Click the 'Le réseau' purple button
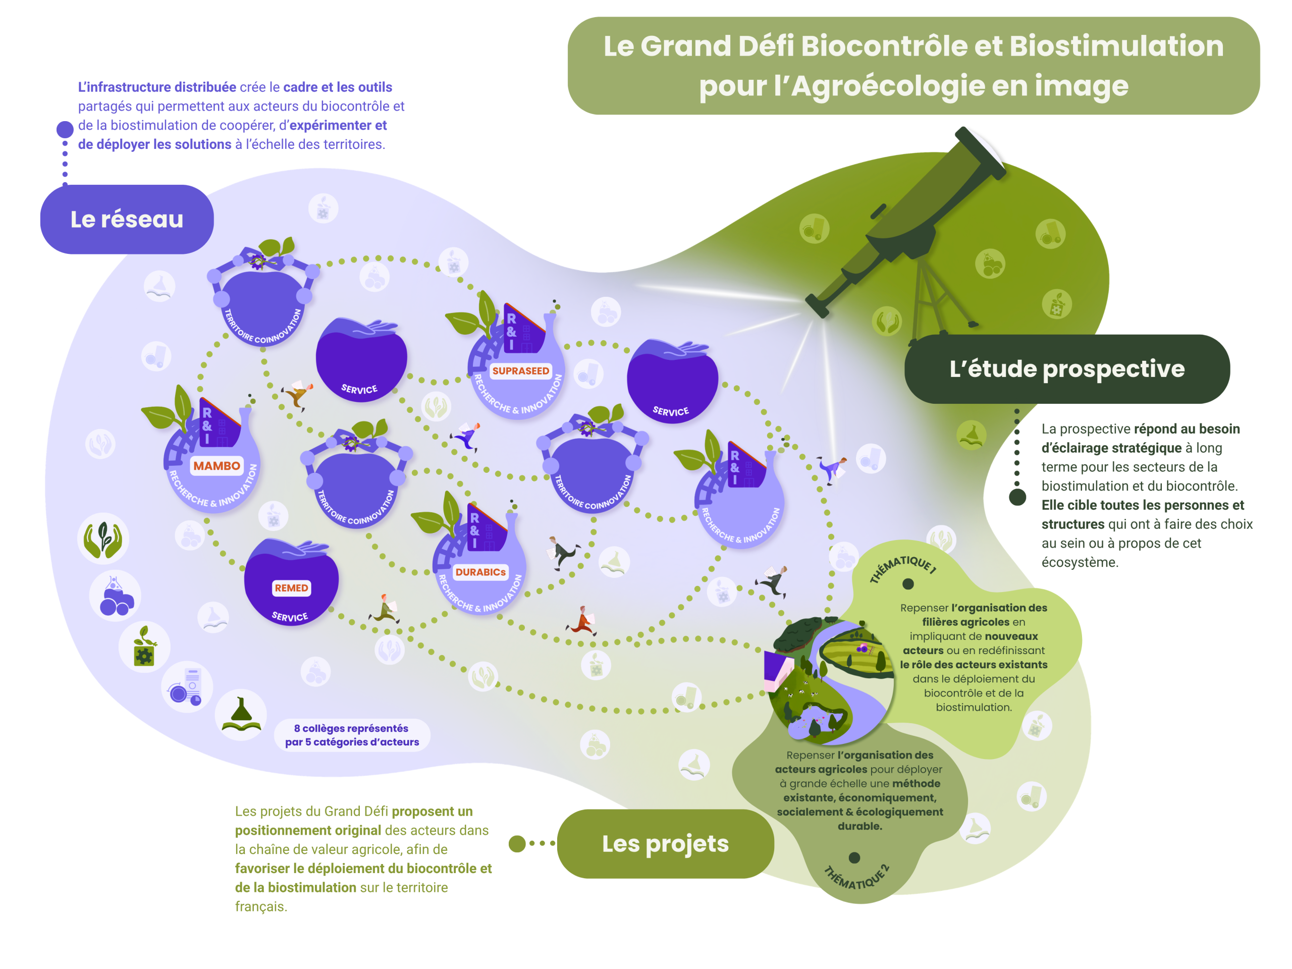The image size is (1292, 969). point(127,220)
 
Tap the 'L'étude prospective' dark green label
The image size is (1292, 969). point(1066,369)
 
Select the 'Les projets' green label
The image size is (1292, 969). point(665,844)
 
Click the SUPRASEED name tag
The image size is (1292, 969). point(520,371)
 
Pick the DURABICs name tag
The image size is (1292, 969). point(480,572)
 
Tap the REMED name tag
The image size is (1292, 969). point(291,588)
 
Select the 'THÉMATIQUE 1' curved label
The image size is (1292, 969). point(903,567)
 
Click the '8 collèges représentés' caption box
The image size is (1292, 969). point(352,735)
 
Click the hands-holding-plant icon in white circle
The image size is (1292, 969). point(103,539)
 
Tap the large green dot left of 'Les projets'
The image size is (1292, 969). point(517,844)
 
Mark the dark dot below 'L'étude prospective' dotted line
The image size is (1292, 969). point(1017,497)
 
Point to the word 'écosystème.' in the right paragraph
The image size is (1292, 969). point(1080,563)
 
